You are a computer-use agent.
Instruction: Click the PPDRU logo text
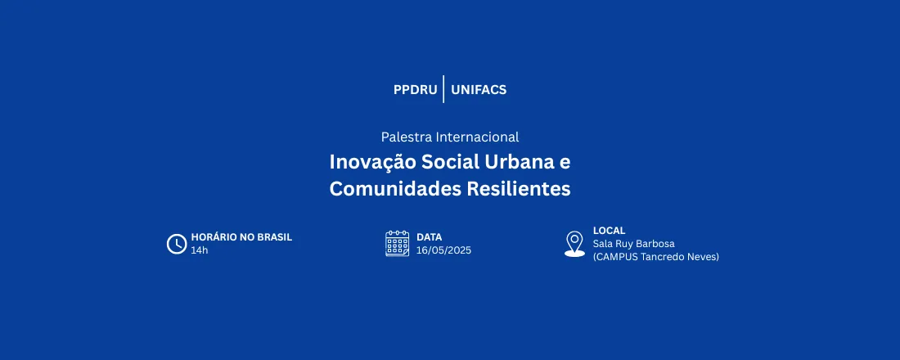[x=415, y=90]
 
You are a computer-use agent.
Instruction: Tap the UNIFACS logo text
[x=479, y=90]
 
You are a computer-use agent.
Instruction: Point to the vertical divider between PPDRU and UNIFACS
[x=443, y=89]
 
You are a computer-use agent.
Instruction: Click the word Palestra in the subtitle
[x=407, y=137]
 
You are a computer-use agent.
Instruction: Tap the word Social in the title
[x=446, y=162]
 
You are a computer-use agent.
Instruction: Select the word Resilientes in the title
[x=518, y=189]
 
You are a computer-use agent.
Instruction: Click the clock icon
[x=177, y=244]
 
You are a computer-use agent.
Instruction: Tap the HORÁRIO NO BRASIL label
[x=241, y=237]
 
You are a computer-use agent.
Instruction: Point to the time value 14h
[x=200, y=250]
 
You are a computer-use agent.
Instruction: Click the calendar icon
[x=398, y=244]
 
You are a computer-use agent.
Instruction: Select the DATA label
[x=429, y=237]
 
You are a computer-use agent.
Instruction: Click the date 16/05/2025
[x=443, y=250]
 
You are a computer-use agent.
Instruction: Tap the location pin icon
[x=575, y=243]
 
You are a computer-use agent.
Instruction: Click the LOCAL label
[x=609, y=231]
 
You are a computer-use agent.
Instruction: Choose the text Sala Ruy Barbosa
[x=634, y=244]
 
